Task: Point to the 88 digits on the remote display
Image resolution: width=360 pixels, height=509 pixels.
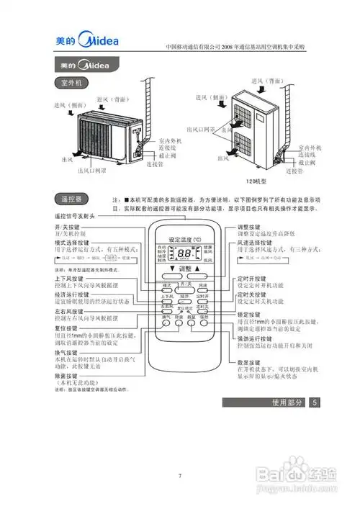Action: point(185,254)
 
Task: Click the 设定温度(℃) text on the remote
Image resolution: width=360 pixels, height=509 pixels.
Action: point(185,238)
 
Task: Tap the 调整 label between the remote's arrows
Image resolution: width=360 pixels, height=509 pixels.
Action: point(186,270)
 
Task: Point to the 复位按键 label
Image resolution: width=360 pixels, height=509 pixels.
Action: point(66,328)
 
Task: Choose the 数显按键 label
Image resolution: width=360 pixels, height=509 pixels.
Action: point(252,362)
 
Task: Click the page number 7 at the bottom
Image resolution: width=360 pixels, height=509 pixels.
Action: point(179,476)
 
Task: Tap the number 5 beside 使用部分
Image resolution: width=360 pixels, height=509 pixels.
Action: point(315,402)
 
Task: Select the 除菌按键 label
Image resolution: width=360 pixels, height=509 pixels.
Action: point(66,376)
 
